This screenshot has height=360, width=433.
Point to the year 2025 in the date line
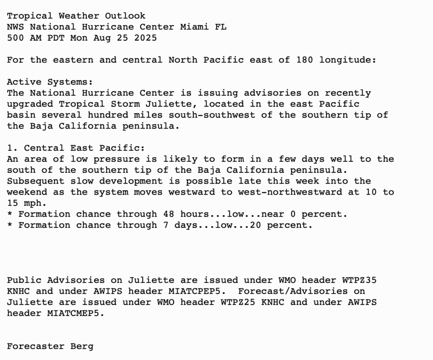click(145, 38)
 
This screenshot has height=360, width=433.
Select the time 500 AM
click(24, 38)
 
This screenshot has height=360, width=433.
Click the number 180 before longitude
click(304, 60)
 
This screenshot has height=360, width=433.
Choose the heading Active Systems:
click(50, 82)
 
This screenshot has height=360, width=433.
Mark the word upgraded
click(30, 104)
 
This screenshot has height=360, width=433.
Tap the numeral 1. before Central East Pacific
click(12, 148)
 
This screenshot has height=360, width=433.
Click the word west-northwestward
click(290, 192)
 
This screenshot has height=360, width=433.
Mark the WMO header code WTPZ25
click(238, 302)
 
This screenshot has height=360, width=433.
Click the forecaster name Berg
click(82, 346)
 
